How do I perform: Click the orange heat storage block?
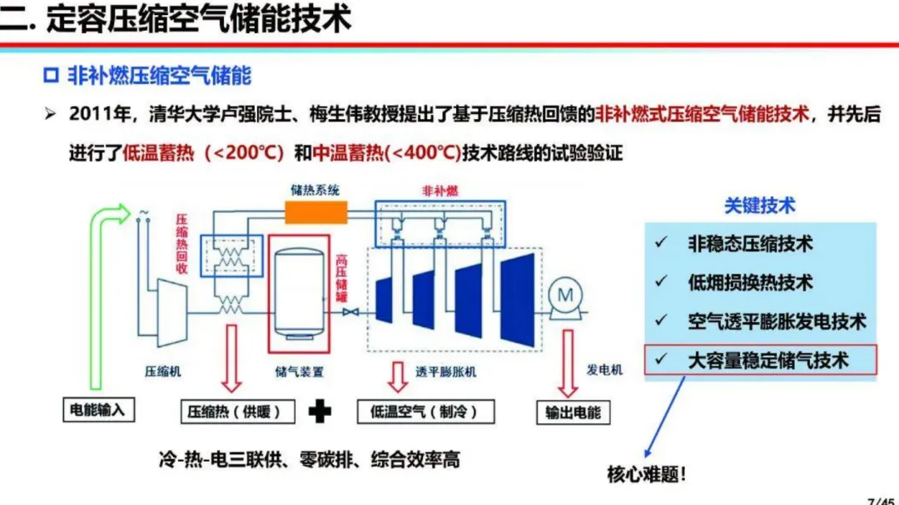point(316,212)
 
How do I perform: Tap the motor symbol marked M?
point(565,295)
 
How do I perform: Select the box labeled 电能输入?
point(98,410)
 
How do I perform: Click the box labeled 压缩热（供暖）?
point(238,412)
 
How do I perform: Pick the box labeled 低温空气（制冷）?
point(425,412)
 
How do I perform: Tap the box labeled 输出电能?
point(573,412)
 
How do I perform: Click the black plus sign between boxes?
point(320,412)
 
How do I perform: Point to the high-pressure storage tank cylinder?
point(299,294)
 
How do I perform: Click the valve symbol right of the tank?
point(351,312)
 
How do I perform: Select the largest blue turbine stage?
point(518,300)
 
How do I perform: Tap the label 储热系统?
point(315,191)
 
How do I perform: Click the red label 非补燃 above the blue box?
point(440,191)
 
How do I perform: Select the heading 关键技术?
point(760,205)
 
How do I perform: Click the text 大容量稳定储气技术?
point(768,360)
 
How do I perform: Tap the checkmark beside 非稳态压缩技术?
point(661,242)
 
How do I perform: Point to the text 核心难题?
point(646,474)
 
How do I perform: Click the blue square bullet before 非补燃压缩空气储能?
point(51,75)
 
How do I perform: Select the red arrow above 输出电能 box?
point(568,364)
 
